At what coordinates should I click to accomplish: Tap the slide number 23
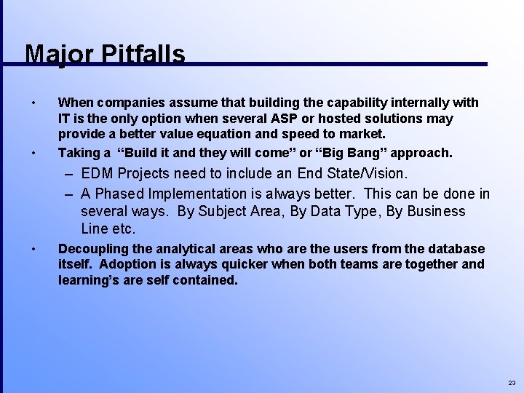click(512, 383)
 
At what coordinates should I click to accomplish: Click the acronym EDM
click(98, 173)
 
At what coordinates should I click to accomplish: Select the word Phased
click(119, 194)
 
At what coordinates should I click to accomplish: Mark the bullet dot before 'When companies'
click(33, 103)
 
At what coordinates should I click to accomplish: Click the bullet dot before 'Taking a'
click(33, 153)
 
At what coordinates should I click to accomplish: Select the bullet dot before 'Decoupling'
click(33, 249)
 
